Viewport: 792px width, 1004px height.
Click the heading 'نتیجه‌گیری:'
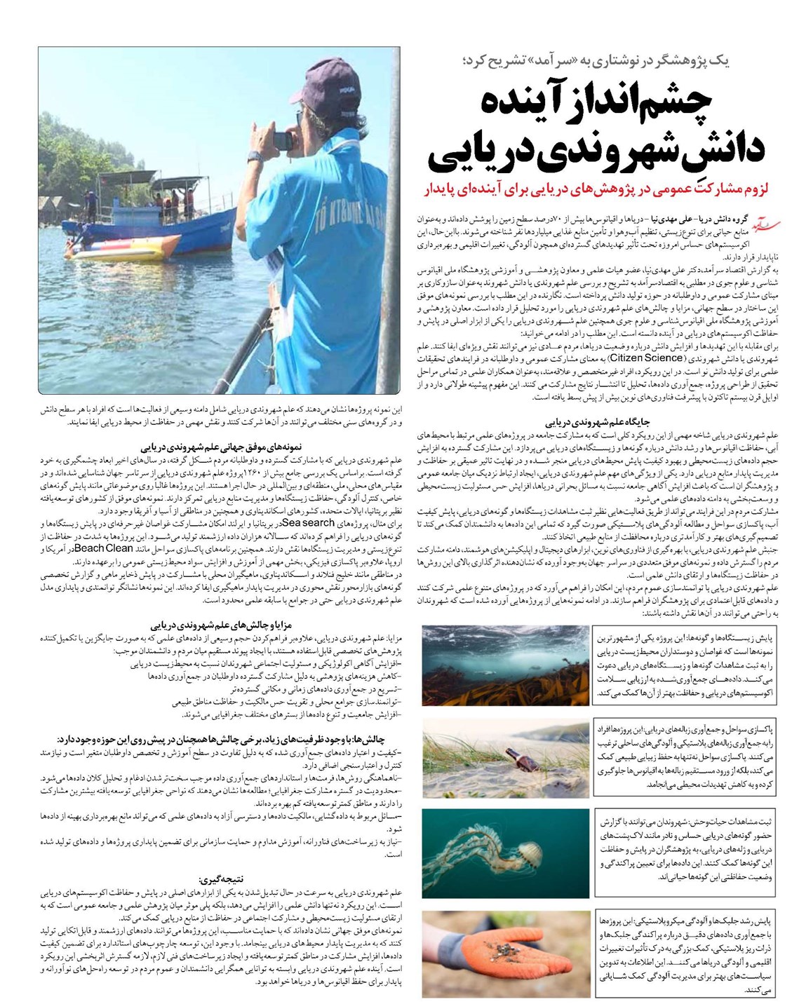point(221,879)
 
